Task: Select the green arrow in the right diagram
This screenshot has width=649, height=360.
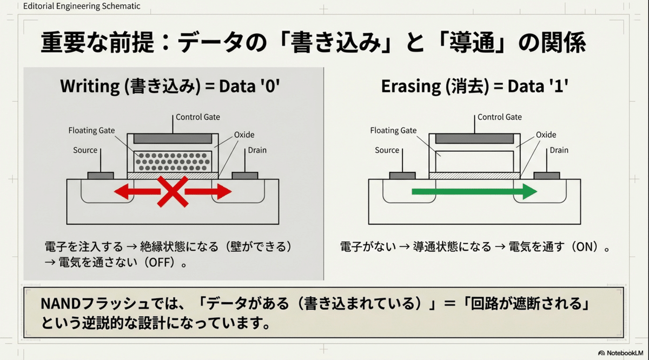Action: coord(474,191)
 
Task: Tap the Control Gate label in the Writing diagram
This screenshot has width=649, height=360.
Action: coord(198,117)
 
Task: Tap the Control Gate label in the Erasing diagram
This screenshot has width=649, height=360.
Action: coord(500,117)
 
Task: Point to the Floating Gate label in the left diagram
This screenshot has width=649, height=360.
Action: coord(91,130)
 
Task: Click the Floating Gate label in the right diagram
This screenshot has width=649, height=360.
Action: coord(393,130)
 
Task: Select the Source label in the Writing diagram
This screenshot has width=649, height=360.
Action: coord(85,150)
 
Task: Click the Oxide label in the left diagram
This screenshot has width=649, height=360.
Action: coord(244,135)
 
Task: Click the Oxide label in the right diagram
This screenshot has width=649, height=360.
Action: coord(546,135)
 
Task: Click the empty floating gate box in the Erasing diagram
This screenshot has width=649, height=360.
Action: coord(474,161)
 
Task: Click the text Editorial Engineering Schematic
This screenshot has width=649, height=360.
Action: coord(82,6)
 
